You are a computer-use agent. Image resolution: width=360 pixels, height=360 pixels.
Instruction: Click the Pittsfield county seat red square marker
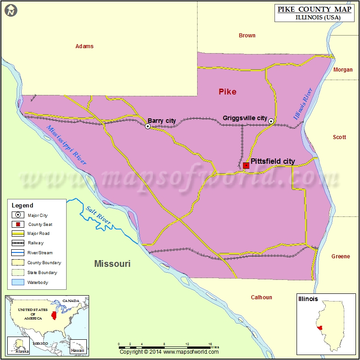(x=246, y=166)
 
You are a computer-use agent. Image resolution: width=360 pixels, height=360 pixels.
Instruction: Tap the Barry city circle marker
(x=148, y=126)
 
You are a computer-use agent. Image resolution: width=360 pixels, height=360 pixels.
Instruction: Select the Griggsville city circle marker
(x=271, y=121)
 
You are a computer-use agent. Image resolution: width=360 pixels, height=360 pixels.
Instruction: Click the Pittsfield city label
(x=273, y=161)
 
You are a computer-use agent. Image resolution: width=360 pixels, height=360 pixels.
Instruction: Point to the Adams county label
(x=85, y=46)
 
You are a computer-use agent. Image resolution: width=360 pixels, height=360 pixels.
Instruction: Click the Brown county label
(x=247, y=36)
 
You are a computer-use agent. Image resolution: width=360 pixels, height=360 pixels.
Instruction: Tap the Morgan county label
(x=343, y=70)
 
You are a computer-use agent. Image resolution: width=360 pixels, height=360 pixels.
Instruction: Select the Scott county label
(x=339, y=137)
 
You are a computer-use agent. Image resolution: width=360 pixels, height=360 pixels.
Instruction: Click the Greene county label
(x=341, y=256)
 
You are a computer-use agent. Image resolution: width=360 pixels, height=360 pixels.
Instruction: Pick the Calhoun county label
(x=261, y=297)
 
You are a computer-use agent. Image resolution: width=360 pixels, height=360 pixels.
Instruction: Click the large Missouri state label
(x=112, y=264)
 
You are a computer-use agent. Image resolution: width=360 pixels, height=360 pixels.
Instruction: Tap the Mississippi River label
(x=66, y=144)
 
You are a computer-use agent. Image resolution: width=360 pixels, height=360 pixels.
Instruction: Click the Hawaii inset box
(x=78, y=346)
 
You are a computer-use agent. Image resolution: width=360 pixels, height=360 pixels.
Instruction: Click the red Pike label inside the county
(x=227, y=92)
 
